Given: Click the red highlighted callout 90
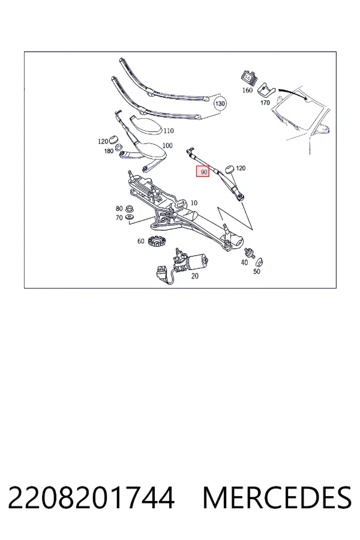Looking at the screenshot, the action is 203,172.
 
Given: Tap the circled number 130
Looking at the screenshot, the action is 220,103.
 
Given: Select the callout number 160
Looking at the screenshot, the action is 247,90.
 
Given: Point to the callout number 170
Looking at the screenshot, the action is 265,103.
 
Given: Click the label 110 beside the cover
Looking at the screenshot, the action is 169,131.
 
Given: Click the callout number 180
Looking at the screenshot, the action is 109,151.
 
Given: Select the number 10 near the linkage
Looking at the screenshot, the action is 194,203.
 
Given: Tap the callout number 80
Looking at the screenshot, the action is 119,208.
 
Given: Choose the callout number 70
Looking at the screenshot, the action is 119,218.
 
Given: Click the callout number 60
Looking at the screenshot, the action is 140,241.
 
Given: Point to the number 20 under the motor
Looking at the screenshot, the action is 194,276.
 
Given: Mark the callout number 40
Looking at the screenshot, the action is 244,262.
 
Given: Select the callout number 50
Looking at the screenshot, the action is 257,271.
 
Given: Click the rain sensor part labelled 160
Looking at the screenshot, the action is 248,77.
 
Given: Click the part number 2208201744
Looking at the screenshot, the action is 91,497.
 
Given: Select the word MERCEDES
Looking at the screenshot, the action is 277,497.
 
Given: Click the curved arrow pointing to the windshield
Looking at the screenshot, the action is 293,92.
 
